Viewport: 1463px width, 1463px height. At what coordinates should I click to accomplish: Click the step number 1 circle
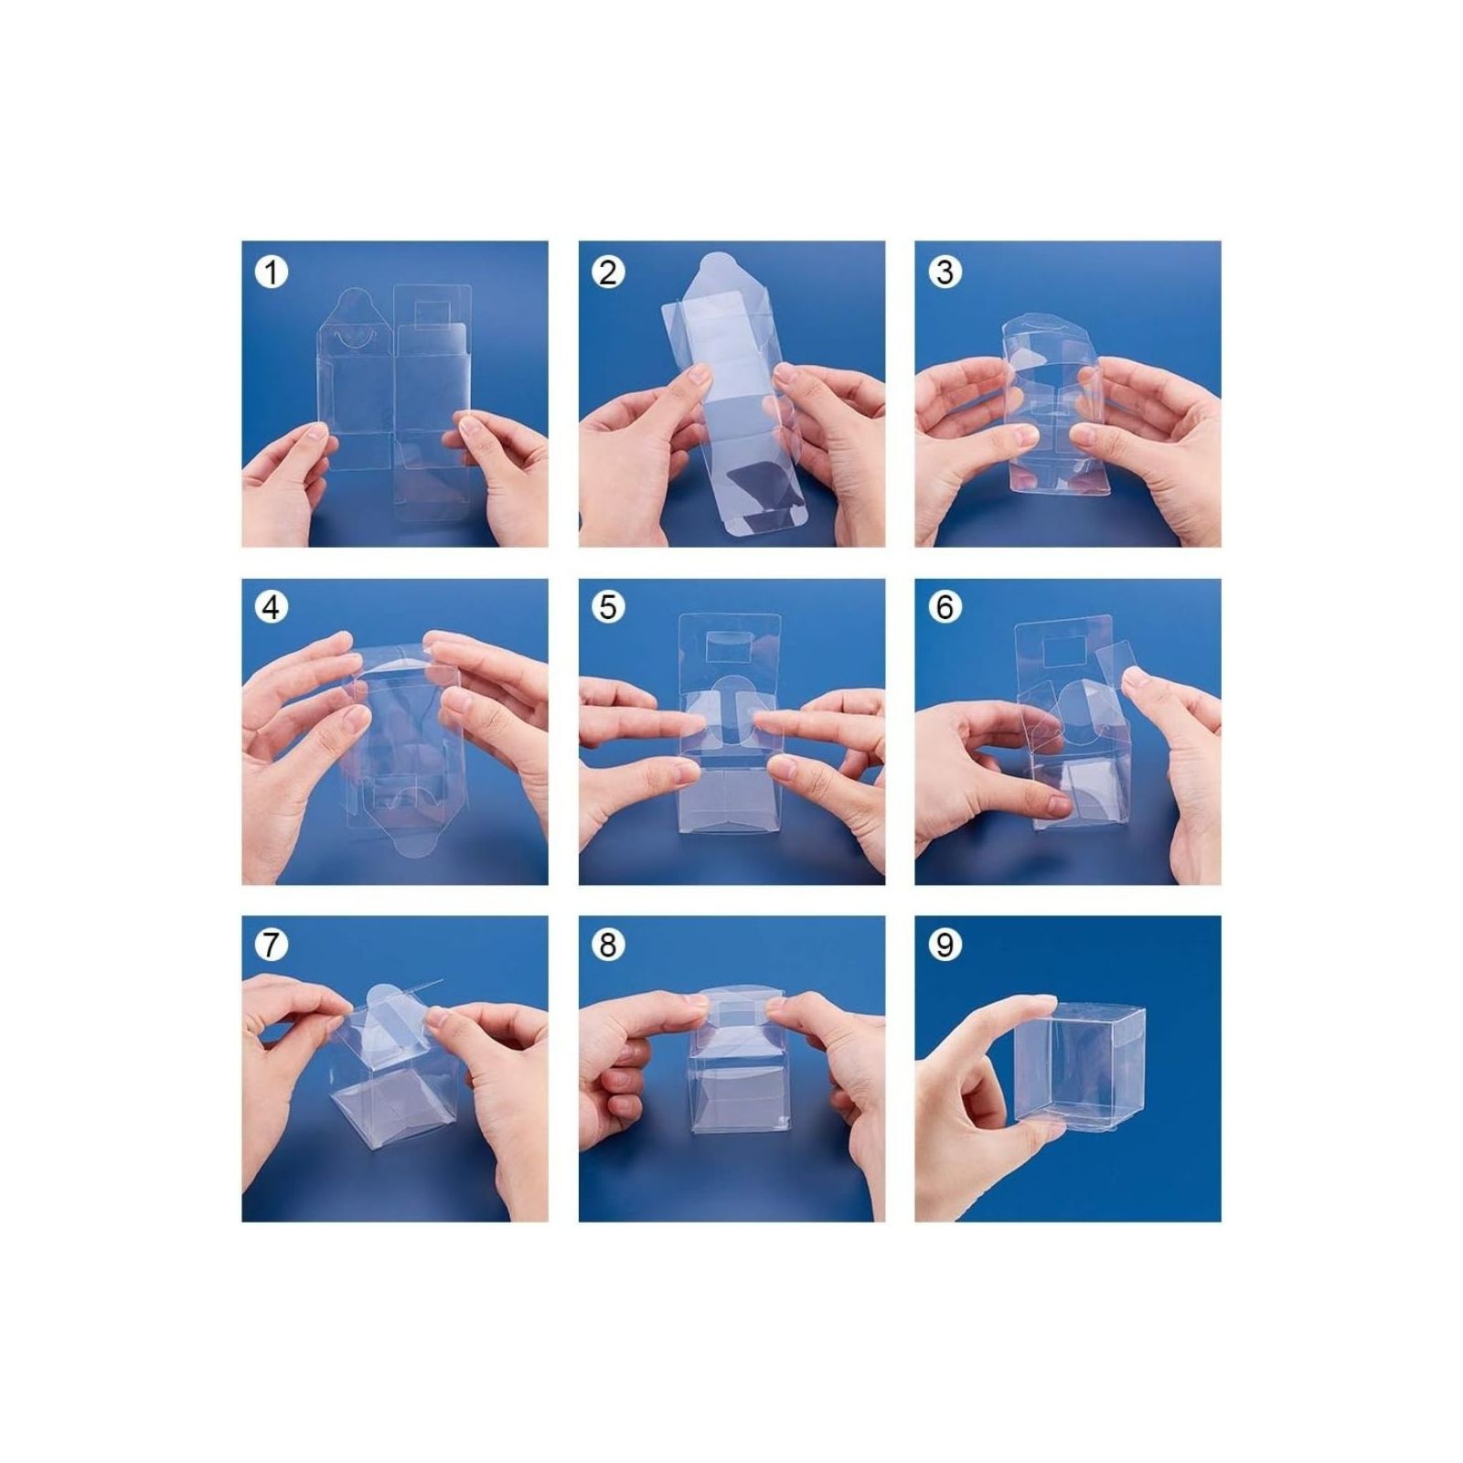tap(271, 272)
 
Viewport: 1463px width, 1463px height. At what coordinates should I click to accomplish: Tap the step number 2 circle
tap(608, 272)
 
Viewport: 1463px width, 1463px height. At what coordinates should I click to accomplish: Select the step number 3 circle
tap(945, 272)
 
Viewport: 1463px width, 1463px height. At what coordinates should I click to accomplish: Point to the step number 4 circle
tap(271, 607)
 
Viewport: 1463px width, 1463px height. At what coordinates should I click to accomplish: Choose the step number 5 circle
tap(608, 607)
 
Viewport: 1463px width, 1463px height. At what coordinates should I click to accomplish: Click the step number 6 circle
tap(945, 607)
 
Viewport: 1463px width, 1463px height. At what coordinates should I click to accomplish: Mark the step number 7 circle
tap(271, 945)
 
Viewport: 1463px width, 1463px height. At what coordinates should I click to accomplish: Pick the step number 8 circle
tap(608, 945)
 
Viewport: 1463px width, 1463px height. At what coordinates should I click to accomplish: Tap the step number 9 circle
tap(945, 945)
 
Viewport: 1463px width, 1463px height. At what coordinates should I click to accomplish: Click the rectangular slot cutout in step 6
tap(1061, 652)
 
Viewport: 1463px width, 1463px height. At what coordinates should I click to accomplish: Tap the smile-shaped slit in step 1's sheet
tap(352, 337)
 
